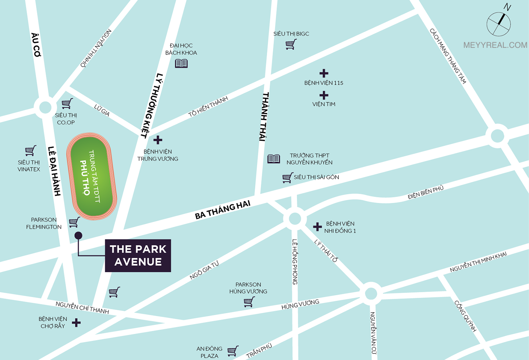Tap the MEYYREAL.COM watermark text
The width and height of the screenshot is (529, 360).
495,45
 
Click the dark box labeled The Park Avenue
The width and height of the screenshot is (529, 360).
138,255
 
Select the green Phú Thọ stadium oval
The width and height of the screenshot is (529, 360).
92,176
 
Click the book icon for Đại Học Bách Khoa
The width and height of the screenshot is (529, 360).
181,63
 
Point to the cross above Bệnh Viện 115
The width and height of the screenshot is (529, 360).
324,73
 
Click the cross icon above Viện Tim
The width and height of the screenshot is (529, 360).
324,95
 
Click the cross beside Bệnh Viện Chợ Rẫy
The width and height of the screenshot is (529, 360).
76,323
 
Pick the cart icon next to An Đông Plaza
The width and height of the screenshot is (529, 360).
232,351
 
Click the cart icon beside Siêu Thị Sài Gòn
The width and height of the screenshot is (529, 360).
287,178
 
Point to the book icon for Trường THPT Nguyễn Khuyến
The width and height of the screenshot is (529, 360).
273,159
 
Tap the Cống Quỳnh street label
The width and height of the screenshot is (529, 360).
465,316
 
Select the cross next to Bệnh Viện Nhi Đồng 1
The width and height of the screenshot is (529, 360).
317,227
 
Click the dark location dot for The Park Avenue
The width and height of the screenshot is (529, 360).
78,236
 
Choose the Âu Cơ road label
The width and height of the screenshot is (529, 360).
36,45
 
